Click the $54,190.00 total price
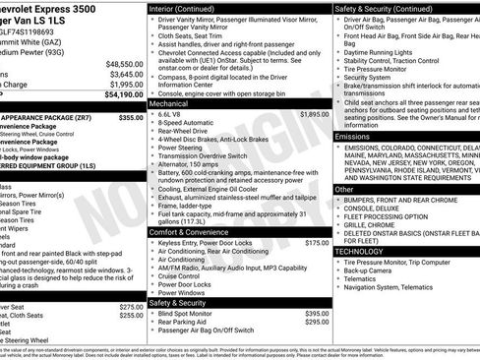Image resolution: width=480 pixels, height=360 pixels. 123,96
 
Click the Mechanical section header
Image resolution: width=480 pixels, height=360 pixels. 169,101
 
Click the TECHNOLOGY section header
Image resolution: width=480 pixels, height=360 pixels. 360,251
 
